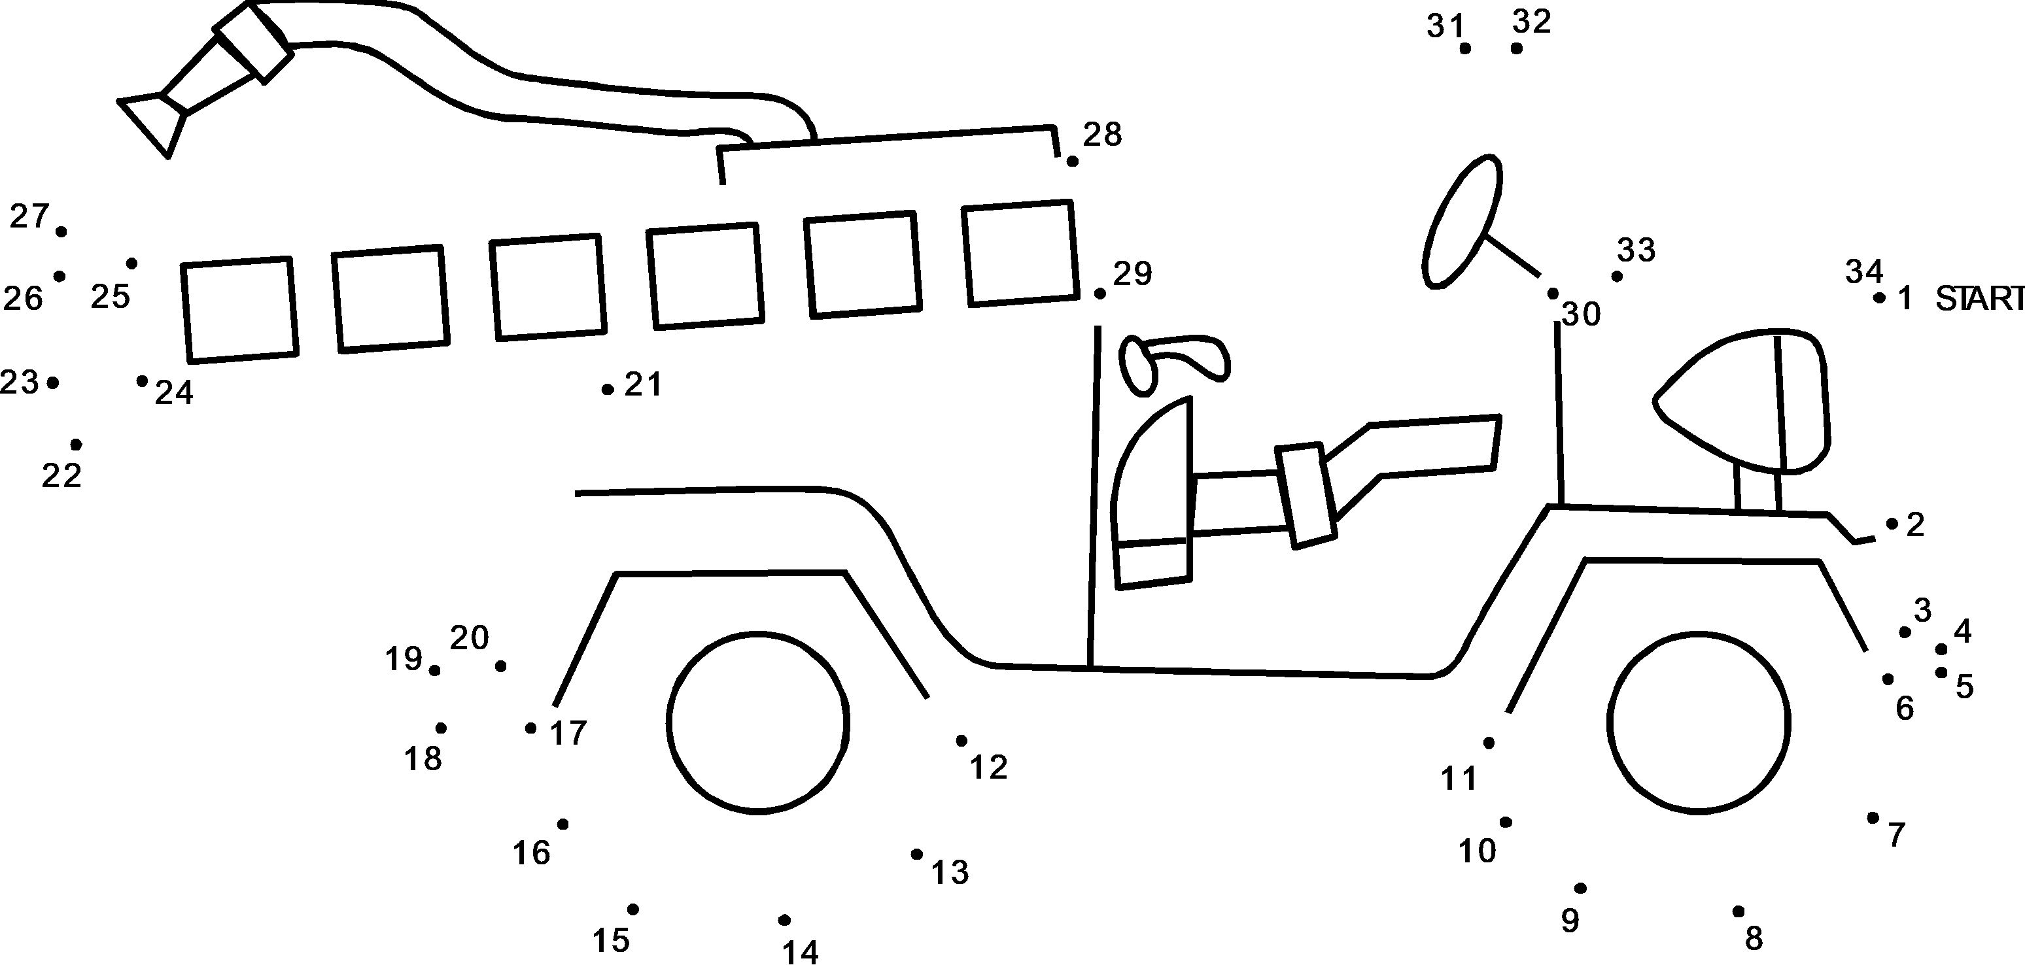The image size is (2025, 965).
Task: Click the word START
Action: pyautogui.click(x=1979, y=299)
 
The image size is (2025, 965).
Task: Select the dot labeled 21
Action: pyautogui.click(x=608, y=389)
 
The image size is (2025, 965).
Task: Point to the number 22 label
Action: pyautogui.click(x=61, y=475)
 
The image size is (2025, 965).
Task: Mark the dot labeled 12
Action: pyautogui.click(x=961, y=740)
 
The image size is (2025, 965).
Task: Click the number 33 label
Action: pyautogui.click(x=1636, y=250)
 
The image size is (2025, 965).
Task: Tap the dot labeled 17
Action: pyautogui.click(x=531, y=728)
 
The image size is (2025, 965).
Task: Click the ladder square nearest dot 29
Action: pyautogui.click(x=1020, y=253)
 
